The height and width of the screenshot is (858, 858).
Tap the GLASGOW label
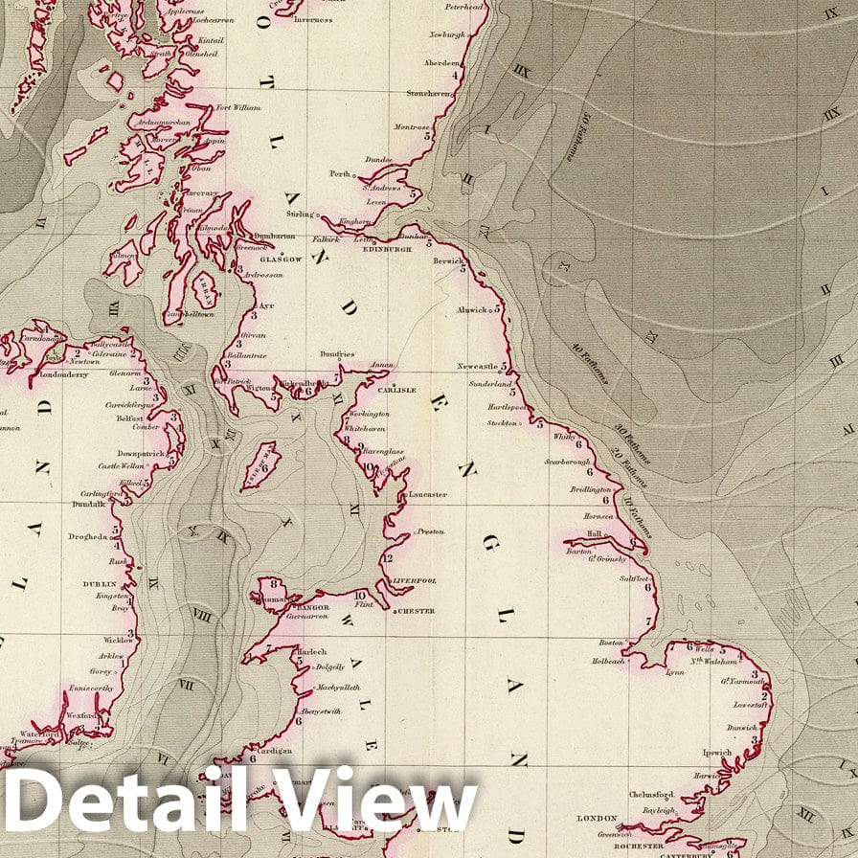(282, 260)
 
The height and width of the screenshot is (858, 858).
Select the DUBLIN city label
(100, 583)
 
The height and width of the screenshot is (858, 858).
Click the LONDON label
(597, 820)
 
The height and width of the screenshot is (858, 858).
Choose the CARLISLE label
(397, 391)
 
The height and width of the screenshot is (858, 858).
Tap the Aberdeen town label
(441, 64)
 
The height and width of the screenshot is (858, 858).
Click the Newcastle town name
(478, 367)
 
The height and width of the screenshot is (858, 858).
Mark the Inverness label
(313, 19)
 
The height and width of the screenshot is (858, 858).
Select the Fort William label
(238, 107)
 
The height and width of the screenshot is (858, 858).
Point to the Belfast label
(129, 418)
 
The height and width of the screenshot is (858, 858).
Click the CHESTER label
(415, 611)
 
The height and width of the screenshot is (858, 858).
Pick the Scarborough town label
(567, 462)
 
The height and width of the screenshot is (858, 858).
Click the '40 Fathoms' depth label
(590, 363)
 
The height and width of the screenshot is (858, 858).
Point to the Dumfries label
(337, 355)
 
